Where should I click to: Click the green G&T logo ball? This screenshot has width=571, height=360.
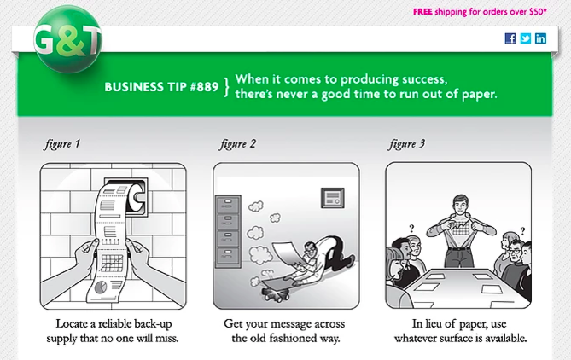tap(68, 39)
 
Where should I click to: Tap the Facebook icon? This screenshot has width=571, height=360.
tap(510, 38)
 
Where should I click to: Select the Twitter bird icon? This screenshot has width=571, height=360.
tap(526, 38)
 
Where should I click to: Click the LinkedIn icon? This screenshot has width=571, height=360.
tap(540, 38)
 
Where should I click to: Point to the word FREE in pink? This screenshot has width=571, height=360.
tap(422, 12)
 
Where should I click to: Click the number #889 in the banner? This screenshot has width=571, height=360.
tap(204, 87)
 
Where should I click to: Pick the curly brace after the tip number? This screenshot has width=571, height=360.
tap(226, 87)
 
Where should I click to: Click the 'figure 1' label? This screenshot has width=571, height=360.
tap(62, 144)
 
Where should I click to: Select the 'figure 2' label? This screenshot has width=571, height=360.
tap(237, 144)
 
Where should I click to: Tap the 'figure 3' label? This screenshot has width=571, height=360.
tap(406, 144)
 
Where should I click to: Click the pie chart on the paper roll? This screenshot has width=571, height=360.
tap(101, 287)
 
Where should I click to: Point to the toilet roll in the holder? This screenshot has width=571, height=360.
tap(136, 197)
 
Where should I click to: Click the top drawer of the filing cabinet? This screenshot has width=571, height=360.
tap(228, 205)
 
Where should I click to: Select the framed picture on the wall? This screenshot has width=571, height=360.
tap(333, 198)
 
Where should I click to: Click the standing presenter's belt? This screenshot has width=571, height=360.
tap(459, 248)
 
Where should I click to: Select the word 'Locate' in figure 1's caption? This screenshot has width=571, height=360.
tap(72, 323)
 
